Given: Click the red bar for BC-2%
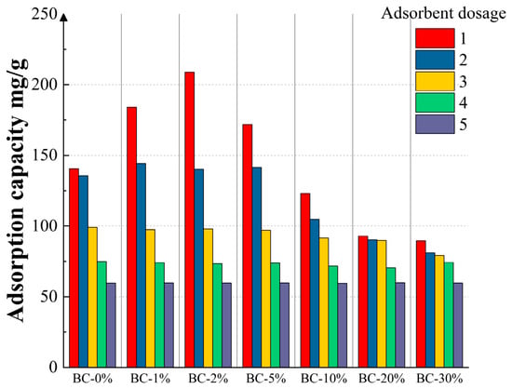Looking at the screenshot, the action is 189,220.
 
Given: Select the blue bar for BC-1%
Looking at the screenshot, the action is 141,265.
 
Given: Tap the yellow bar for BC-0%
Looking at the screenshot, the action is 93,297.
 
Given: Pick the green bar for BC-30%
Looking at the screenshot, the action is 449,315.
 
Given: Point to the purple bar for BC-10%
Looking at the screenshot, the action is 343,326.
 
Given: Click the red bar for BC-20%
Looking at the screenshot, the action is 363,302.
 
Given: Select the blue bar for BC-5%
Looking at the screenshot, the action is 257,267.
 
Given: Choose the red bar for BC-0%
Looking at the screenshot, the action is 74,268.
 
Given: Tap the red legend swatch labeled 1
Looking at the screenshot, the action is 435,38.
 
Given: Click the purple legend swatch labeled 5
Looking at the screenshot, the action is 435,124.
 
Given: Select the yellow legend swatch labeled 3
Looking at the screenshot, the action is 435,81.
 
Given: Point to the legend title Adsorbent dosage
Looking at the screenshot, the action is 443,14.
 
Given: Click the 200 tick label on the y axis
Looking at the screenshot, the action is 45,85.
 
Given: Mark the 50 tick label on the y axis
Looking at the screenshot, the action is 49,297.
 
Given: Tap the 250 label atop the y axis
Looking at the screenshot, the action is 45,14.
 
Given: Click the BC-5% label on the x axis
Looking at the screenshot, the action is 266,379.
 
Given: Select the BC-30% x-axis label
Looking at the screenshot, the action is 439,379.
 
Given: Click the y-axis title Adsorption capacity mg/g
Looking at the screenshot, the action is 17,191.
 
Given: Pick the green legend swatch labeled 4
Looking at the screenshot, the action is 435,102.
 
